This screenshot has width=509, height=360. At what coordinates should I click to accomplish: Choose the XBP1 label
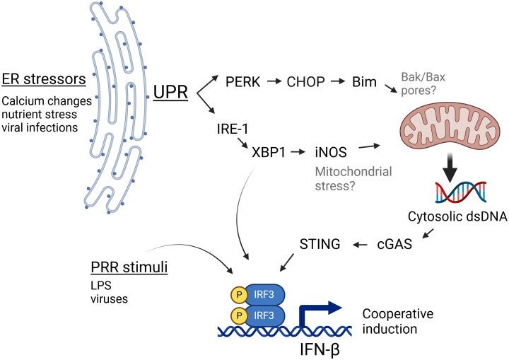pyautogui.click(x=259, y=153)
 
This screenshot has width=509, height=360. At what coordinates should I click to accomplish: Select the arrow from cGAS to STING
pyautogui.click(x=361, y=245)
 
